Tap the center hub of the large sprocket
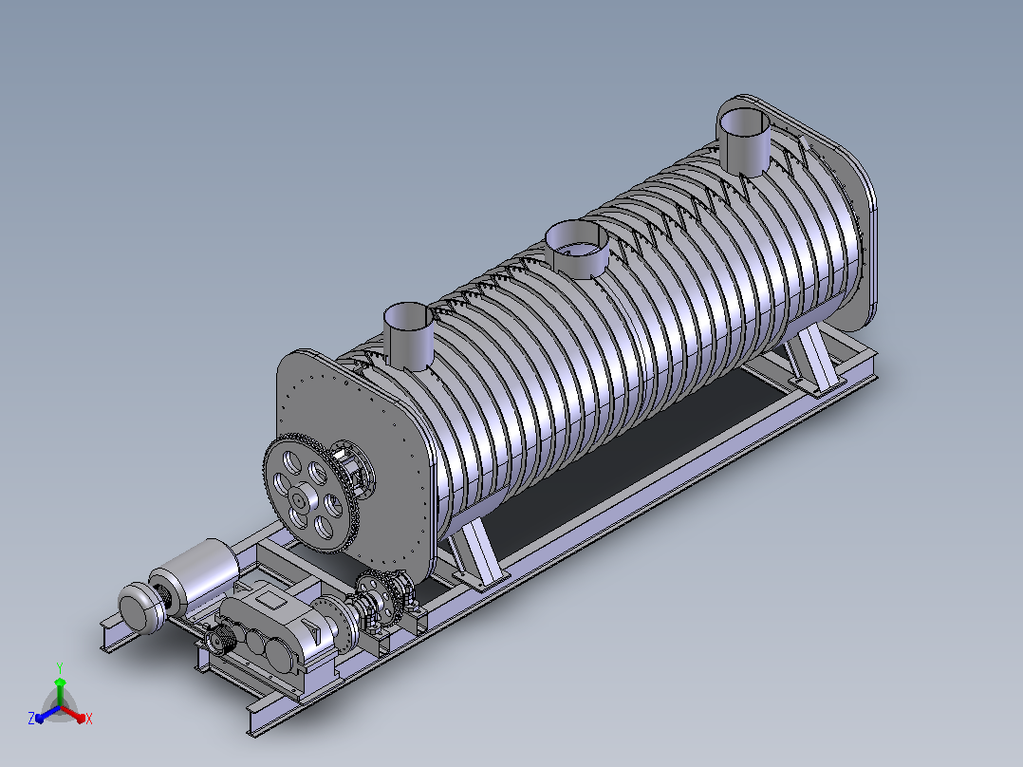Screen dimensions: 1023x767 [x=300, y=500]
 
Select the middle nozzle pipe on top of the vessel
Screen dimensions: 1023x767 [x=577, y=249]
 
